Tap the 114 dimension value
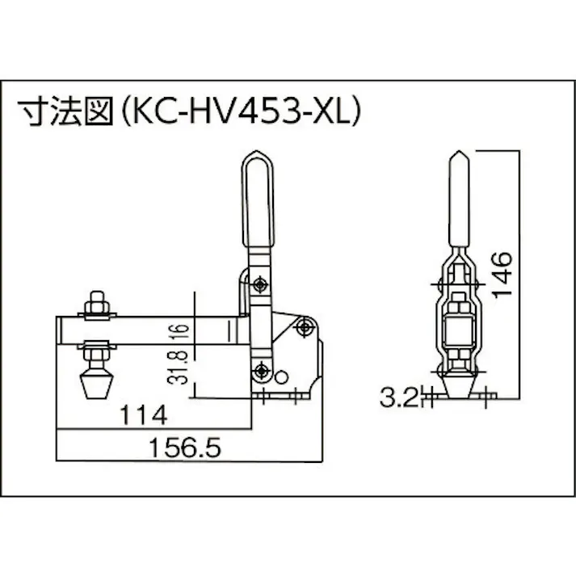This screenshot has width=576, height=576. tap(144, 416)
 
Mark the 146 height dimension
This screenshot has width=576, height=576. tap(502, 275)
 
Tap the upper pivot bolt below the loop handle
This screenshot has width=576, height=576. tap(260, 284)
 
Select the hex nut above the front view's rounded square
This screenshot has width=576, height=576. tap(457, 305)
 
